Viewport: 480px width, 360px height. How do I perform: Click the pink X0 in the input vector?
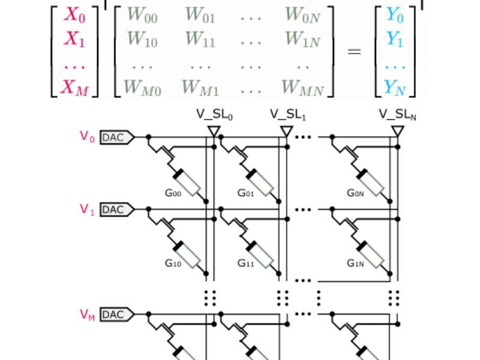click(75, 15)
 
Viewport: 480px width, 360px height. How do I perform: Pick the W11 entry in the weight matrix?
click(199, 39)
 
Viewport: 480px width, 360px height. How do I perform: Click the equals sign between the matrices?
click(355, 52)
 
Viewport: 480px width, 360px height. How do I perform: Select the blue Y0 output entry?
click(394, 15)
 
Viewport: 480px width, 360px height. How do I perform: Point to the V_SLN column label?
click(398, 115)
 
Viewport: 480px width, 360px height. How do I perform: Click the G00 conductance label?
click(173, 193)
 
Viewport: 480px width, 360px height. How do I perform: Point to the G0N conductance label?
click(356, 193)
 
